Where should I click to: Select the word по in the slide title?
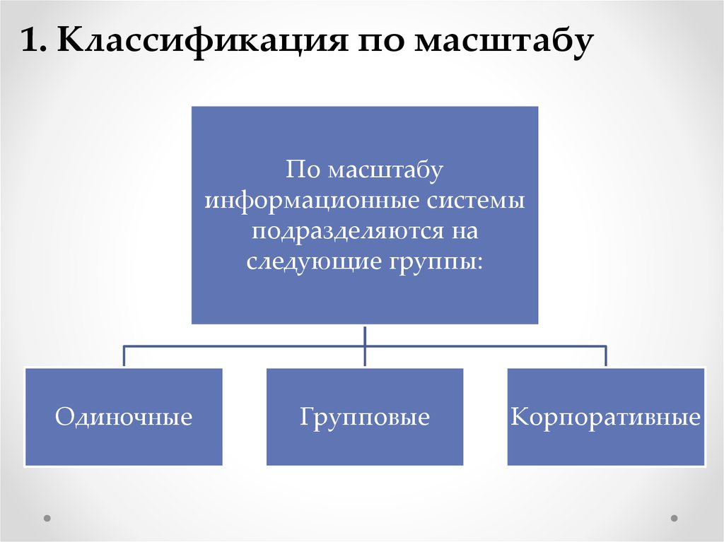tap(382, 44)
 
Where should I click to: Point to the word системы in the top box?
tap(476, 201)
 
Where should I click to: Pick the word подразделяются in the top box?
tap(350, 230)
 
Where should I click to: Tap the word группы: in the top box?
tap(436, 261)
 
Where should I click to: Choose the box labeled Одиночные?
tap(124, 417)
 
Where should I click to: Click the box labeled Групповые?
tap(365, 417)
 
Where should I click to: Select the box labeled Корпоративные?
tap(606, 417)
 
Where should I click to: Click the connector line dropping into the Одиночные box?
tap(124, 356)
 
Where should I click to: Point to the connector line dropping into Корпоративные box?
tap(606, 356)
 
